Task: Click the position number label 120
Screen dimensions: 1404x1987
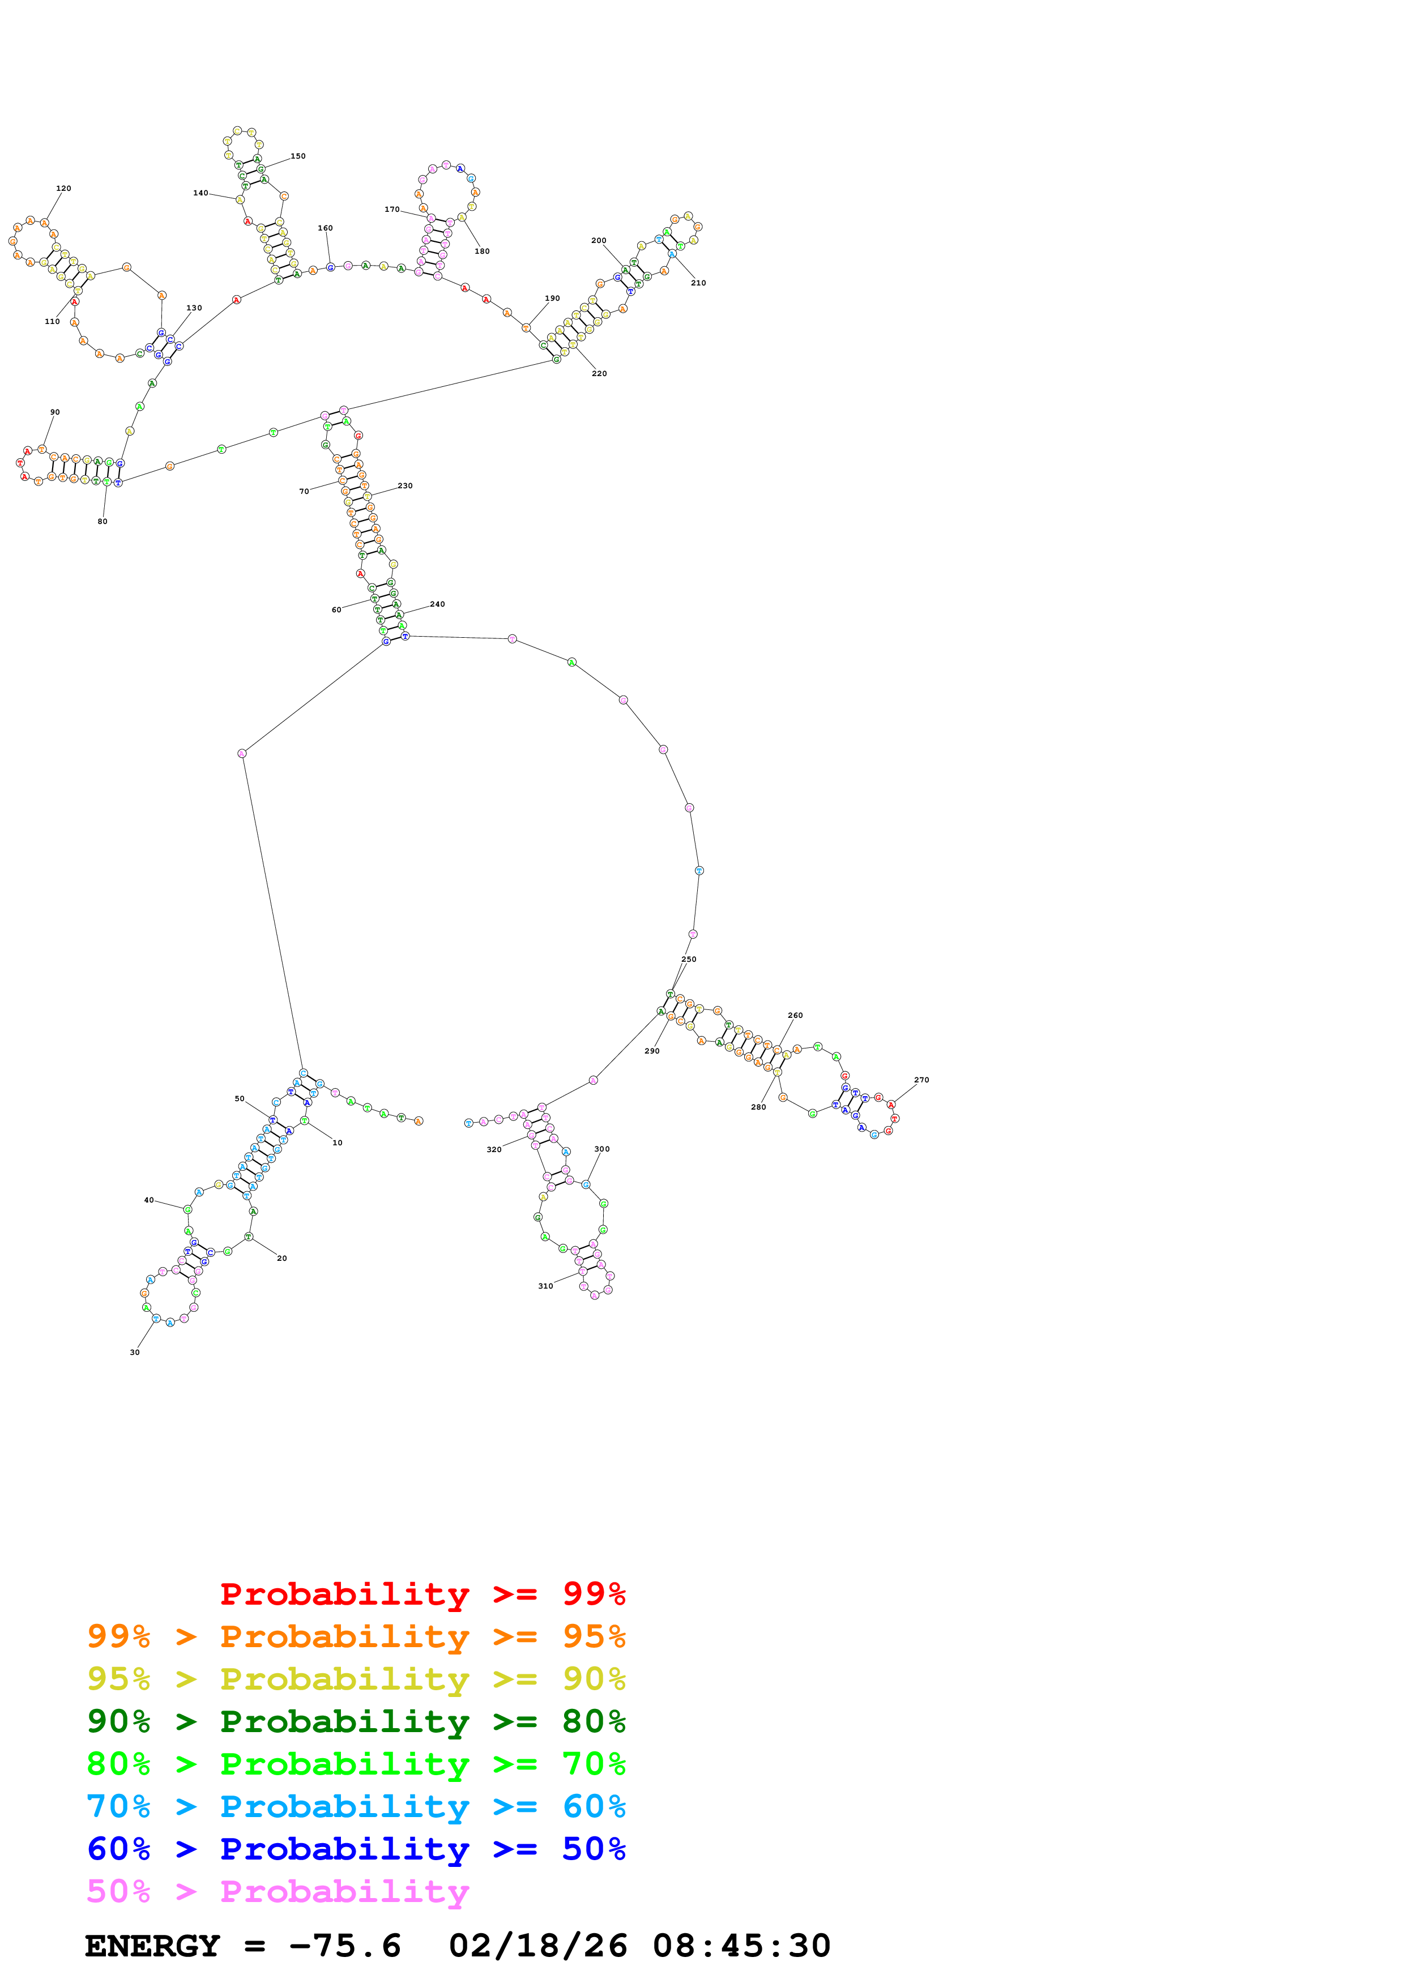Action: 63,188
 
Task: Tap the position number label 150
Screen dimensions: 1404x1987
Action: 297,157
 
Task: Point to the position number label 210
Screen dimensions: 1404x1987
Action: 698,283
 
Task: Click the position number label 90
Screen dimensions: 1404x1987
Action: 54,413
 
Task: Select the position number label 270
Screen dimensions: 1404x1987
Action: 921,1080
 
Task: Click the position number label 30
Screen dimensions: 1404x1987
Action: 135,1353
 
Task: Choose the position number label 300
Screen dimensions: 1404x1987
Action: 602,1149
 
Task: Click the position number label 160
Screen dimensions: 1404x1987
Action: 325,228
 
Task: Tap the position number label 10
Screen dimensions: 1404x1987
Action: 338,1143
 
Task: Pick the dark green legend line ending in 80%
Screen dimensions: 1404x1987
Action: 356,1721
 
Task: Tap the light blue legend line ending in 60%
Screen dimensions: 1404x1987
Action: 356,1806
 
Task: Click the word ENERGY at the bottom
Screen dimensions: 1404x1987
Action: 152,1946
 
